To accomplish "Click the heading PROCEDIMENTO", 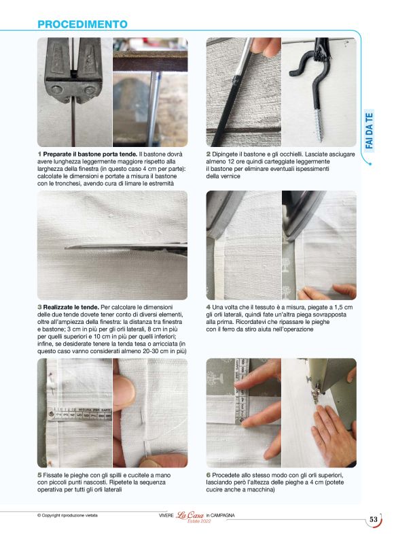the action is pyautogui.click(x=82, y=24).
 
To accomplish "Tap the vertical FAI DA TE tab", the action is pyautogui.click(x=369, y=131).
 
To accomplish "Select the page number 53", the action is pyautogui.click(x=374, y=519).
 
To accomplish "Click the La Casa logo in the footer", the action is pyautogui.click(x=190, y=515).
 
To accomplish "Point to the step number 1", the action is pyautogui.click(x=39, y=154).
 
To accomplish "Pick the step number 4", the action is pyautogui.click(x=209, y=308).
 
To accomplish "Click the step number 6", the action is pyautogui.click(x=209, y=475).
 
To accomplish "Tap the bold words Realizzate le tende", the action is pyautogui.click(x=71, y=308).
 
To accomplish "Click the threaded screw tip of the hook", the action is pyautogui.click(x=319, y=126).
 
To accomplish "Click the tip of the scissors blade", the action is pyautogui.click(x=65, y=247).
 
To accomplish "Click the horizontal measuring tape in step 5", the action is pyautogui.click(x=80, y=414).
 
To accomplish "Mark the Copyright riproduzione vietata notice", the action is pyautogui.click(x=67, y=515).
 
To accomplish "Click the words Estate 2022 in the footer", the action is pyautogui.click(x=199, y=521).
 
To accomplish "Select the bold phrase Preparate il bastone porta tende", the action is pyautogui.click(x=90, y=154).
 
